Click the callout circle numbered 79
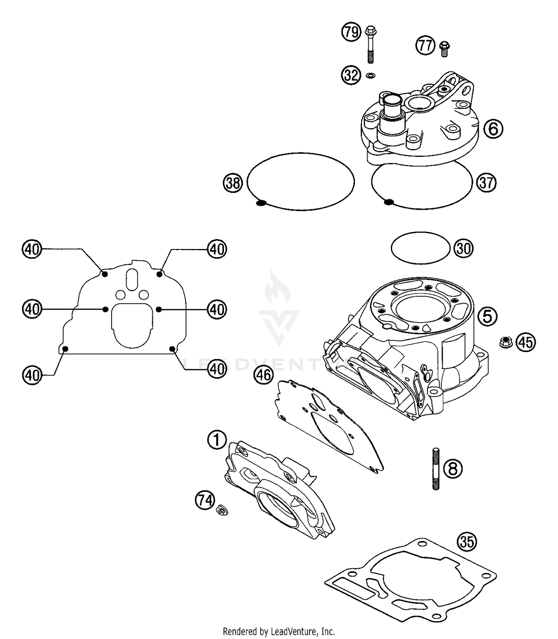click(351, 32)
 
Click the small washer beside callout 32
click(371, 75)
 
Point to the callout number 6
click(493, 129)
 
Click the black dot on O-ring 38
click(261, 203)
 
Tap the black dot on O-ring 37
click(389, 202)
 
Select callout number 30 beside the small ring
click(463, 248)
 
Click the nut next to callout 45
click(506, 342)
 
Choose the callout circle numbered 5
click(487, 316)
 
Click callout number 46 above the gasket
click(263, 375)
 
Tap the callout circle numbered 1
click(217, 440)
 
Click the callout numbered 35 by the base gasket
click(467, 542)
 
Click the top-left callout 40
click(32, 249)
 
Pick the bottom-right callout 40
click(217, 369)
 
